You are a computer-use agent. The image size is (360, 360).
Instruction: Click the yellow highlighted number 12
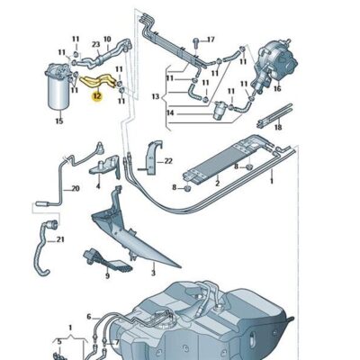click(98, 94)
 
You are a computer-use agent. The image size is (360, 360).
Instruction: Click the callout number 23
click(95, 44)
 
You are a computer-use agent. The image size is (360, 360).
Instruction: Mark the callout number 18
click(277, 129)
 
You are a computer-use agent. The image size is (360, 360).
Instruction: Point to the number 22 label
click(167, 160)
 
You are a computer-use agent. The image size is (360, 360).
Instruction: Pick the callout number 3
click(153, 270)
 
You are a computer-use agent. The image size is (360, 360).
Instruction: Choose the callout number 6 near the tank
click(89, 317)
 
